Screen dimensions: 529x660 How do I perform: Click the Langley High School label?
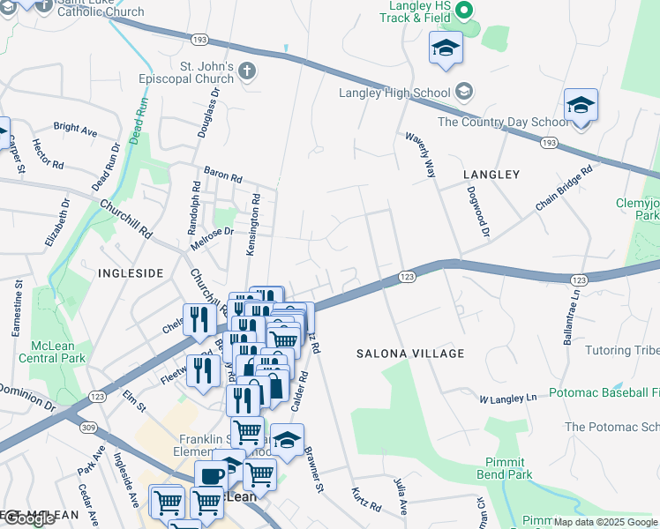point(395,93)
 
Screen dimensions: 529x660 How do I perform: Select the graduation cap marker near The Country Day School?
point(581,106)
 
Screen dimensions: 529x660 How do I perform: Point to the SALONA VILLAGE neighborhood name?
point(410,354)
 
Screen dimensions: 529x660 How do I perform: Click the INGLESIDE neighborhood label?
point(131,273)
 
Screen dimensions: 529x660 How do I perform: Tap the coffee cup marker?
point(211,476)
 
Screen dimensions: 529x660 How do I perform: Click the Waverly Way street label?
point(420,155)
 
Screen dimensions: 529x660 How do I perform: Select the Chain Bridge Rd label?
point(562,189)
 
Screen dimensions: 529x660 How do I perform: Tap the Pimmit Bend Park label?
point(509,468)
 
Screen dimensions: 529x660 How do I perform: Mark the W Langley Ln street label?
point(508,399)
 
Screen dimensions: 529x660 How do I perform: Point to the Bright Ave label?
point(75,129)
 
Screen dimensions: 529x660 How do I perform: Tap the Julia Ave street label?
point(401,496)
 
